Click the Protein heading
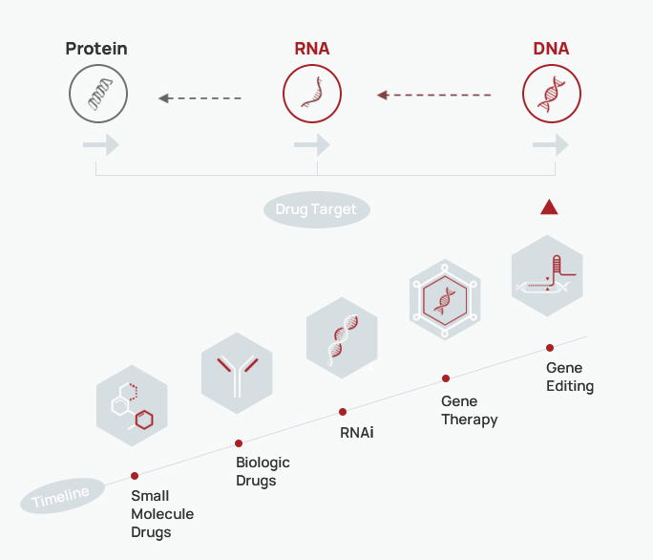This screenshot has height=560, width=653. [x=96, y=49]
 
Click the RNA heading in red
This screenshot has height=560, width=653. [x=312, y=49]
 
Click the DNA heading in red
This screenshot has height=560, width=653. [x=551, y=49]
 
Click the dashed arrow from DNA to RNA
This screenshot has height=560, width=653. [x=434, y=96]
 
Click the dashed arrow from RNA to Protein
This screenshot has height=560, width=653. [x=200, y=98]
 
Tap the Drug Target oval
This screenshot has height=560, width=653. [x=317, y=209]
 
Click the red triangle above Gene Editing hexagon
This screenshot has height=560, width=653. [x=549, y=207]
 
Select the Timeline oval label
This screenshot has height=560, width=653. [x=62, y=496]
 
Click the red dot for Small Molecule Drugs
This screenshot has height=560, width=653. [x=135, y=476]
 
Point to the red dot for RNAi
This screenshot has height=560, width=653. [x=343, y=412]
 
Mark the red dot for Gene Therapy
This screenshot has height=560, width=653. [x=446, y=378]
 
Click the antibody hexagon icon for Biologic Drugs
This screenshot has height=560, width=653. [x=237, y=374]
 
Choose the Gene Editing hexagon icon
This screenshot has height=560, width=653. [x=547, y=275]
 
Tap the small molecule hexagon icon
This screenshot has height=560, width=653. [x=132, y=406]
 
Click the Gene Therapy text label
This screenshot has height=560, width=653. [x=470, y=410]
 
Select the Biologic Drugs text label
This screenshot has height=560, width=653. [x=263, y=471]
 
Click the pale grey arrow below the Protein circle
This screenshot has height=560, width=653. [x=101, y=145]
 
